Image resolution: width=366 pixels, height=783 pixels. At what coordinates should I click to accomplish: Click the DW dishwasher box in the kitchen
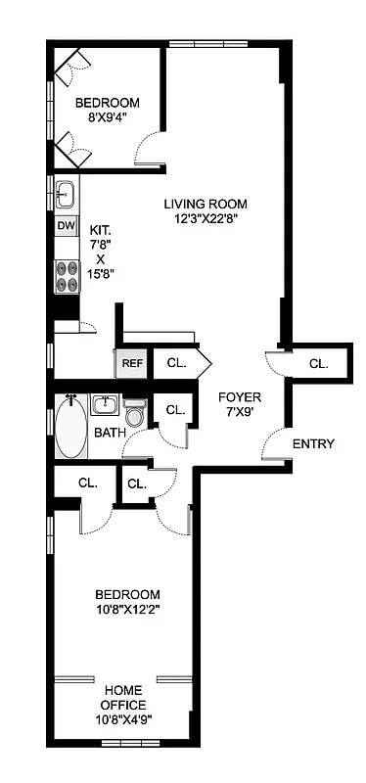coord(66,227)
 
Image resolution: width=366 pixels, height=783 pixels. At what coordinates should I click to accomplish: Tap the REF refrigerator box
coord(131,363)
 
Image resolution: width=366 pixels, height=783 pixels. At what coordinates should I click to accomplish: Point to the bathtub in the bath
coord(71,428)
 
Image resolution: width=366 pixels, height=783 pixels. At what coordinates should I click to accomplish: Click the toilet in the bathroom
coord(136,413)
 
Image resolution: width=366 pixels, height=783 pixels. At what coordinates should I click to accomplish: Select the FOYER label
coord(239,396)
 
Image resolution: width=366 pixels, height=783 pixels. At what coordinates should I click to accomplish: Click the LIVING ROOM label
coord(205,204)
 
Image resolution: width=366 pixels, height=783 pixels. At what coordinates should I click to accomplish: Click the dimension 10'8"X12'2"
coord(127,610)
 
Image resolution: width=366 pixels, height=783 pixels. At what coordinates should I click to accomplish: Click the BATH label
coord(110,433)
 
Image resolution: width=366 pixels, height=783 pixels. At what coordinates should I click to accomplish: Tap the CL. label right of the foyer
coord(319,363)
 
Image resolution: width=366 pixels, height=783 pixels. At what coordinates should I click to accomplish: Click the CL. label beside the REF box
coord(176,363)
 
